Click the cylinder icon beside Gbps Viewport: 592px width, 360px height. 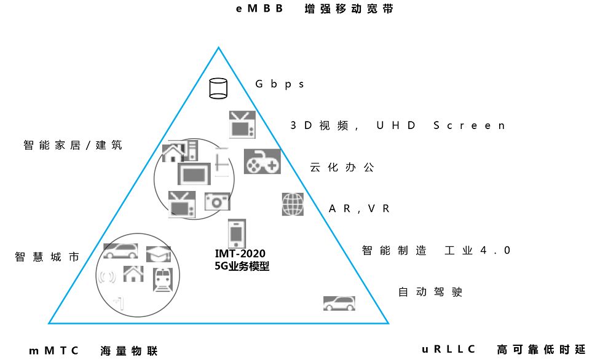tap(218, 88)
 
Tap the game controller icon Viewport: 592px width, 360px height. tap(262, 162)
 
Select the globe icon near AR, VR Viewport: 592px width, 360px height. tap(293, 204)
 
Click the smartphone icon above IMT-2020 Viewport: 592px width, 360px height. tap(237, 233)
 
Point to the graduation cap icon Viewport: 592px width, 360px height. tap(158, 254)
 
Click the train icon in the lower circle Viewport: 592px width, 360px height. tap(163, 280)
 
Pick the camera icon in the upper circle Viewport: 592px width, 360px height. tap(217, 202)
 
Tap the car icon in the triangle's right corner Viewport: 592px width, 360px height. tap(339, 303)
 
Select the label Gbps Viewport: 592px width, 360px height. tap(280, 84)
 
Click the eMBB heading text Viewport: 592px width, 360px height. tap(260, 9)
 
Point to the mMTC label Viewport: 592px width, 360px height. tap(54, 351)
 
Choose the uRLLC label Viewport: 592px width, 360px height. tap(449, 350)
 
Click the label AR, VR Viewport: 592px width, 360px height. tap(360, 209)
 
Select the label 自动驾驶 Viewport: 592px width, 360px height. tap(430, 292)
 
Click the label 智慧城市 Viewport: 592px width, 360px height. tap(47, 257)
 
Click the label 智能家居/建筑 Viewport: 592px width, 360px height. tap(73, 146)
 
